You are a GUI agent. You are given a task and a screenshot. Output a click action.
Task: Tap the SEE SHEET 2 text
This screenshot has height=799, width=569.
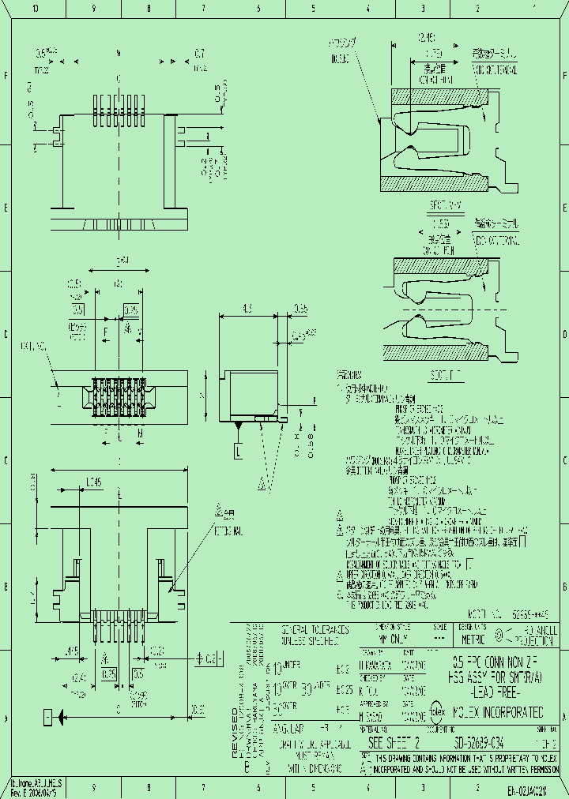394,743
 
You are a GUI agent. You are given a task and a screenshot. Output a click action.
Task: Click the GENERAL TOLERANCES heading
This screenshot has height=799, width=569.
315,631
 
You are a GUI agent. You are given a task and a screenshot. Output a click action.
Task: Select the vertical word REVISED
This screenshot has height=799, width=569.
235,733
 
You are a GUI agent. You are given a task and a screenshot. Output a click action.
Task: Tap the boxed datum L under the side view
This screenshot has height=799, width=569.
238,451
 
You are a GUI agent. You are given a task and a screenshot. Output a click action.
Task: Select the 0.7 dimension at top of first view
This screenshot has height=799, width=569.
199,54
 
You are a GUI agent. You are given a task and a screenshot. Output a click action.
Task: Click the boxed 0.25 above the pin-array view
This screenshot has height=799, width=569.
131,309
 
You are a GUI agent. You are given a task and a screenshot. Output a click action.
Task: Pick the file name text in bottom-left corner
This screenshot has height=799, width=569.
36,782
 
